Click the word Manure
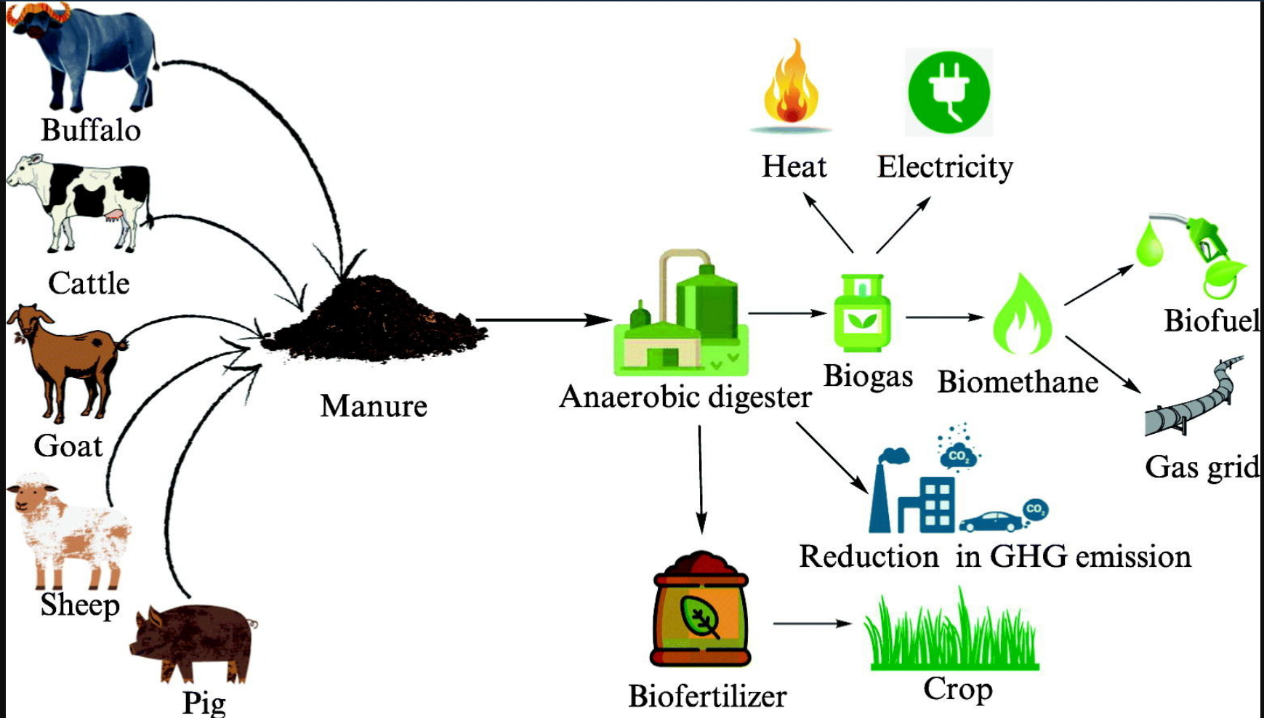373,406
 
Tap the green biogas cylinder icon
862,312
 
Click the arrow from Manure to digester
542,320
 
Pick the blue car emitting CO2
992,522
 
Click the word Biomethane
1018,382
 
